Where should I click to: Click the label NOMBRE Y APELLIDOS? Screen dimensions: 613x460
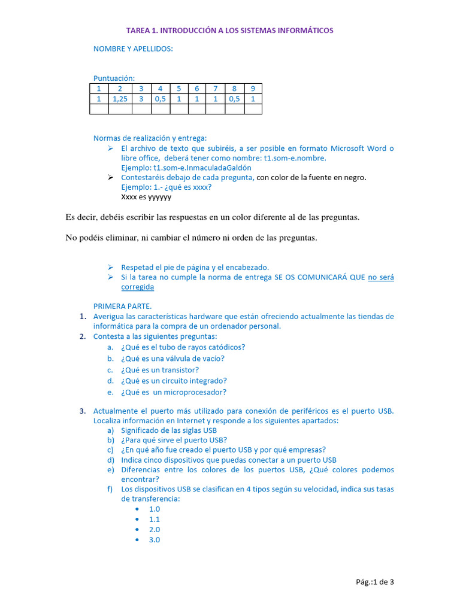(x=133, y=49)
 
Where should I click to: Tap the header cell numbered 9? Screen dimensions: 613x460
(x=253, y=89)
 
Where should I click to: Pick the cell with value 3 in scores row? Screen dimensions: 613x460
(x=141, y=99)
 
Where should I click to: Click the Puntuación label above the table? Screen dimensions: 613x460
(x=114, y=78)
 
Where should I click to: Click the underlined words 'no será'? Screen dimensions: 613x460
(x=381, y=277)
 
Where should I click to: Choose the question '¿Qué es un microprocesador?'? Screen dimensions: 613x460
(x=174, y=393)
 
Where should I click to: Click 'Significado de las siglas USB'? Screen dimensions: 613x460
(x=169, y=430)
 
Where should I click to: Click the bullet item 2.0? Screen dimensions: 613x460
(x=155, y=529)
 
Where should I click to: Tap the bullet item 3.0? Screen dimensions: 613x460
(x=155, y=539)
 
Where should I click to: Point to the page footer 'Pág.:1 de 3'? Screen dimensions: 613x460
(x=374, y=581)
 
